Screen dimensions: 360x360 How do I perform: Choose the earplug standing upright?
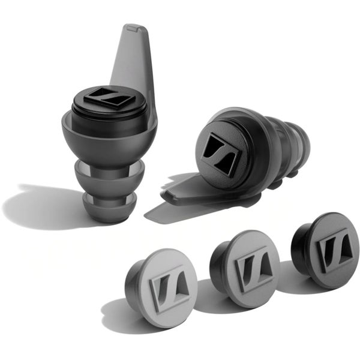[108, 138]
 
